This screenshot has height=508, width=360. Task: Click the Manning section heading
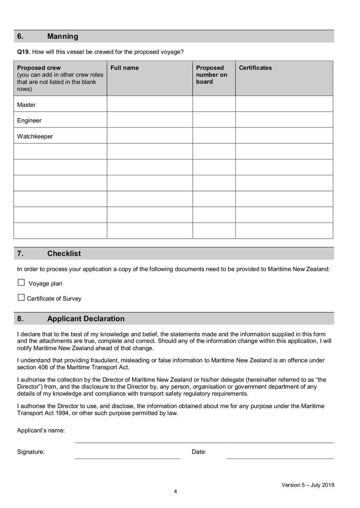click(63, 36)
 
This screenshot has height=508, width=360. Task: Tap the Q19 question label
click(23, 52)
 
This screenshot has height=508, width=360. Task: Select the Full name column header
click(125, 68)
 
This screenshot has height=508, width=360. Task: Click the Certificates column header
click(255, 68)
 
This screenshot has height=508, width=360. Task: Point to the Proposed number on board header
click(211, 75)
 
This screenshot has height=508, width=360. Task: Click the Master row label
click(27, 105)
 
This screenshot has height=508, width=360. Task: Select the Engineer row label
click(29, 120)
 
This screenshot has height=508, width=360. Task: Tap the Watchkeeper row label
click(35, 136)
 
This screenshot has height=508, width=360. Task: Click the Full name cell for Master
click(149, 104)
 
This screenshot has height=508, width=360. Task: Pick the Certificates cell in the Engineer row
click(284, 120)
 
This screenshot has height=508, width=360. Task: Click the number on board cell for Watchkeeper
click(214, 136)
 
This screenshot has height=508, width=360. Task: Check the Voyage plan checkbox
click(21, 283)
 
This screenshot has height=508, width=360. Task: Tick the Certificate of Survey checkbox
click(21, 298)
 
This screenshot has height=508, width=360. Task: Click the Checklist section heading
click(64, 254)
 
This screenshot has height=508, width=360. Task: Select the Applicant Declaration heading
click(85, 319)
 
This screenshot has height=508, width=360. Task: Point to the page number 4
click(175, 491)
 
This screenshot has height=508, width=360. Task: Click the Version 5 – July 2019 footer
click(308, 485)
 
